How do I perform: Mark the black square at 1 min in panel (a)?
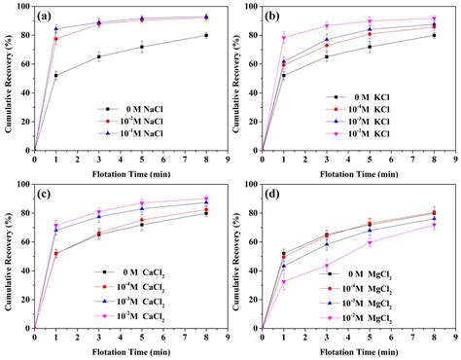56,75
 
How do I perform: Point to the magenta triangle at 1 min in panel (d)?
284,282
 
